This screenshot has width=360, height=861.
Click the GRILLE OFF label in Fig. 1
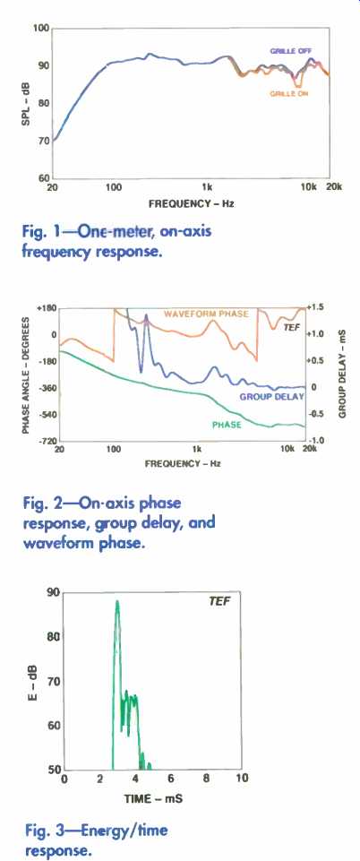[291, 51]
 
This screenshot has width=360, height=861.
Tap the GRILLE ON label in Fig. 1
[288, 94]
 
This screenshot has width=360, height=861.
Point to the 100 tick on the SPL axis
[41, 28]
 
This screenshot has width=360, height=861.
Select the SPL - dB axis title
[26, 103]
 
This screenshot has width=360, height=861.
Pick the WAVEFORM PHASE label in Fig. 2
[206, 314]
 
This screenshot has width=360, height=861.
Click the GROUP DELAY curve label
[271, 397]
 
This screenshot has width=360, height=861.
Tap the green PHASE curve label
[226, 425]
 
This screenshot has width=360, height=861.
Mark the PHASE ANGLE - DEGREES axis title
[25, 374]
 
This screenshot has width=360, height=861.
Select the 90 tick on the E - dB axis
[55, 592]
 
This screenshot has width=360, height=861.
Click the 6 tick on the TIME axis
[171, 778]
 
